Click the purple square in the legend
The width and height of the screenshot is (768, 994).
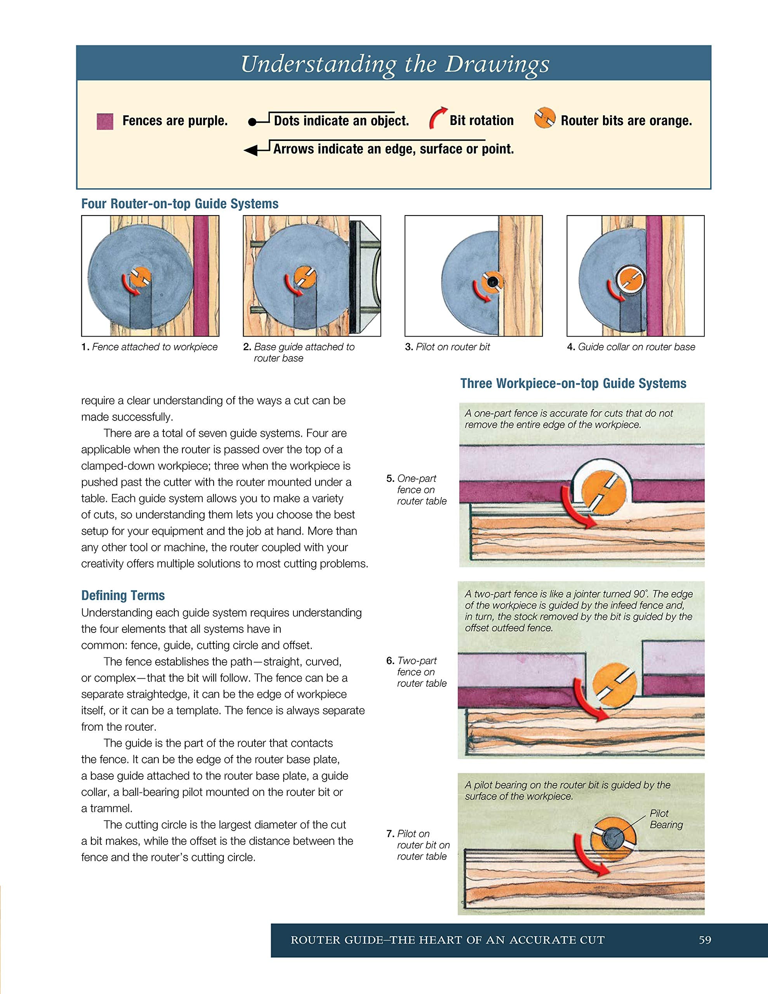pos(105,122)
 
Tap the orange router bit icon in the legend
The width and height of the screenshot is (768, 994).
pos(544,118)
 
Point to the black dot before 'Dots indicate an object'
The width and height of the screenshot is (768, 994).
pos(252,122)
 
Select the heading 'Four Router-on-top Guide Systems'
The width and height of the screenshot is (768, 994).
pos(180,203)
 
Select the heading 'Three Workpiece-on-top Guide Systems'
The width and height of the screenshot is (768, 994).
pos(573,383)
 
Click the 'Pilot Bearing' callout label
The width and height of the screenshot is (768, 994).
pos(666,819)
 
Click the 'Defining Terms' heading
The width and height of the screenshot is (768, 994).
pos(123,595)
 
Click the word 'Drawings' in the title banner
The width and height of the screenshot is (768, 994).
pos(497,64)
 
